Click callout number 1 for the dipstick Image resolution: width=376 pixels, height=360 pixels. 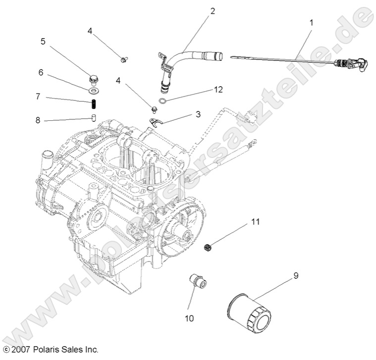pyautogui.click(x=311, y=22)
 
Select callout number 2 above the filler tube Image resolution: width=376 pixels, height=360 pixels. pyautogui.click(x=213, y=11)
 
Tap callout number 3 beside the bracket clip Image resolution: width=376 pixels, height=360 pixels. pyautogui.click(x=198, y=114)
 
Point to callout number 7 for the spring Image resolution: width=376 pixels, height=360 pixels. pyautogui.click(x=38, y=97)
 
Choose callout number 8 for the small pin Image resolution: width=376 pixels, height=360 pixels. pyautogui.click(x=38, y=120)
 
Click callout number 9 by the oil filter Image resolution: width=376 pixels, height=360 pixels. pyautogui.click(x=295, y=275)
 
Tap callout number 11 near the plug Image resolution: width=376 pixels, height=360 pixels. pyautogui.click(x=255, y=221)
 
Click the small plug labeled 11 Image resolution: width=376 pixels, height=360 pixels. pyautogui.click(x=209, y=247)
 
